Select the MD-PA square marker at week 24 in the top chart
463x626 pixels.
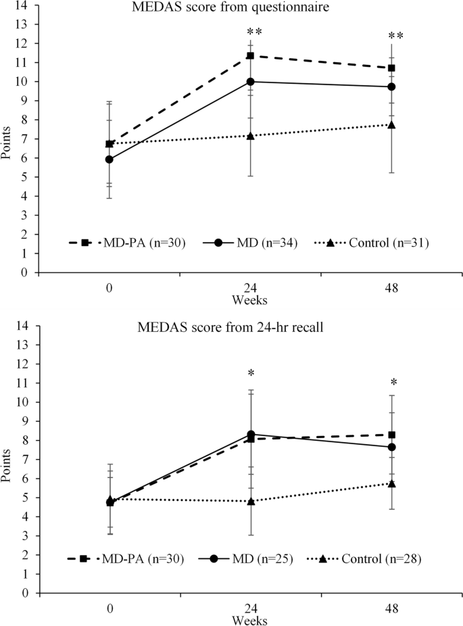(x=250, y=55)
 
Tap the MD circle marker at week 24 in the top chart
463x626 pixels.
(x=250, y=82)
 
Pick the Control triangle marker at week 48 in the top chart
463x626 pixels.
(x=391, y=124)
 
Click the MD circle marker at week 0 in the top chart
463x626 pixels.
(x=109, y=160)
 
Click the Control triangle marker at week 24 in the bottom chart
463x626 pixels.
(x=250, y=501)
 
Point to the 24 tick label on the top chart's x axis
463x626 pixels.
(x=250, y=288)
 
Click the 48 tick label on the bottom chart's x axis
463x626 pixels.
(x=391, y=608)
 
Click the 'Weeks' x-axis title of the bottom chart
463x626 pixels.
(x=250, y=619)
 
